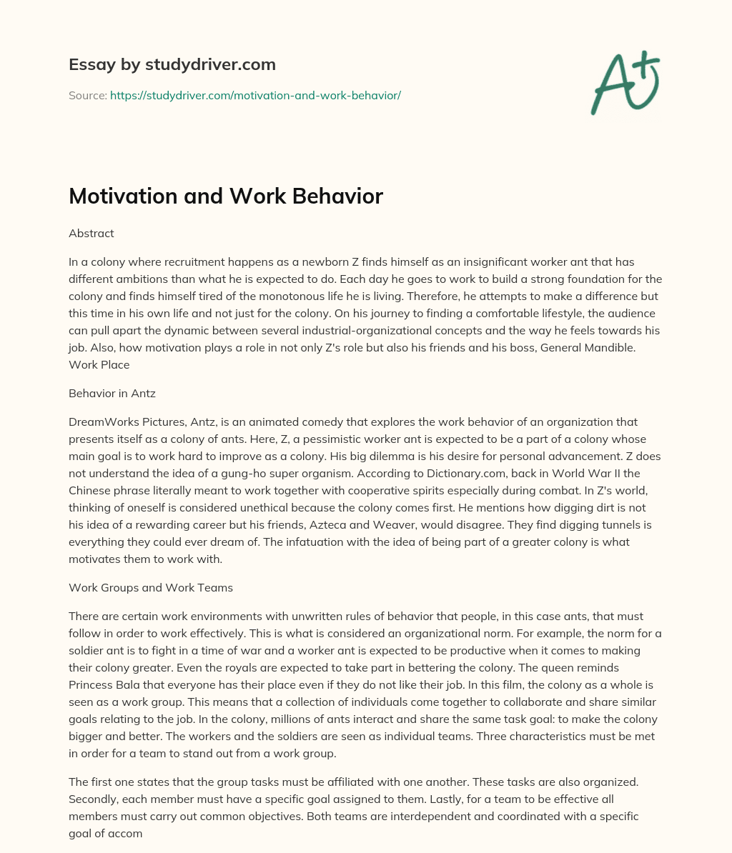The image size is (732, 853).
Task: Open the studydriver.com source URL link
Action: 255,95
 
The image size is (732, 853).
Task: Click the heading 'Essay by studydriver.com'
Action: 172,64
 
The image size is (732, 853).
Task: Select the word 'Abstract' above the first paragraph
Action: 91,233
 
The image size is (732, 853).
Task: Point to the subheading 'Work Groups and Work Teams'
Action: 151,587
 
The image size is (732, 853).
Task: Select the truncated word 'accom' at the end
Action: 127,832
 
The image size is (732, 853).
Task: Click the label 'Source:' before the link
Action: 88,95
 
